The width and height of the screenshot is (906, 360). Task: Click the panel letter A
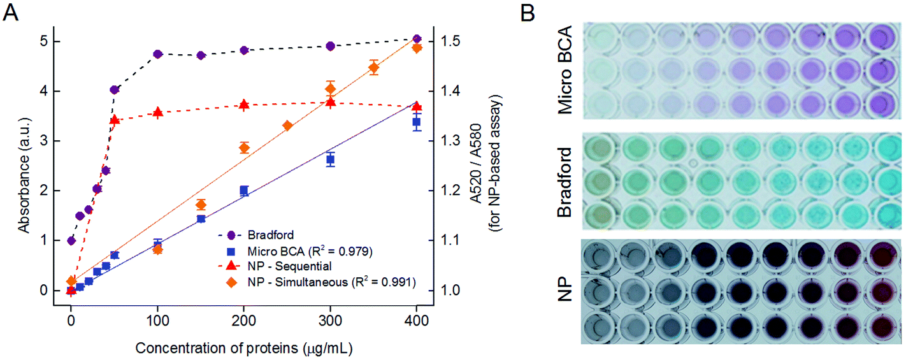point(11,12)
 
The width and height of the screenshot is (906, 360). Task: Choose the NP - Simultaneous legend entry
point(312,282)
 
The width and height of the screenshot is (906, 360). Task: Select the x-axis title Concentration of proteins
point(244,349)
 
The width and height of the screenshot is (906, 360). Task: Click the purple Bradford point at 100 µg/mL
point(157,54)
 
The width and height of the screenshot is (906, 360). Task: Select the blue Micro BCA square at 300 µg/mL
point(331,159)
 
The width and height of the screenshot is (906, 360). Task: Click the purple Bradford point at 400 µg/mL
point(417,39)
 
